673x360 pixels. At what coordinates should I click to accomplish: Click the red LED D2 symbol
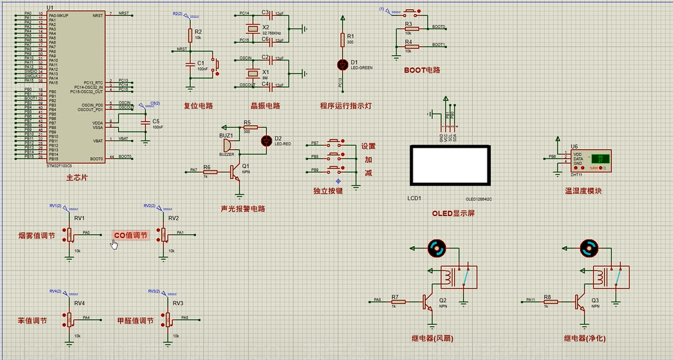(x=265, y=140)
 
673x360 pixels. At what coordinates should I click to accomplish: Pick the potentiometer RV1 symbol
(x=69, y=234)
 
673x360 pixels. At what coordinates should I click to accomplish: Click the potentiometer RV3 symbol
(x=167, y=318)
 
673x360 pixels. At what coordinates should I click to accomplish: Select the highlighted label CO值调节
(x=130, y=235)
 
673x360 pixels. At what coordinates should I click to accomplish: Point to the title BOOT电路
(x=421, y=69)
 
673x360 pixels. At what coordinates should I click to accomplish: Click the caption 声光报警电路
(x=243, y=209)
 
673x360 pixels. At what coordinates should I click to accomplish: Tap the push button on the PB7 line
(x=336, y=143)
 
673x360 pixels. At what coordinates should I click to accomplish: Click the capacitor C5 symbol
(x=144, y=122)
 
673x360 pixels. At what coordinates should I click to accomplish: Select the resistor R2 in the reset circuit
(x=190, y=35)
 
